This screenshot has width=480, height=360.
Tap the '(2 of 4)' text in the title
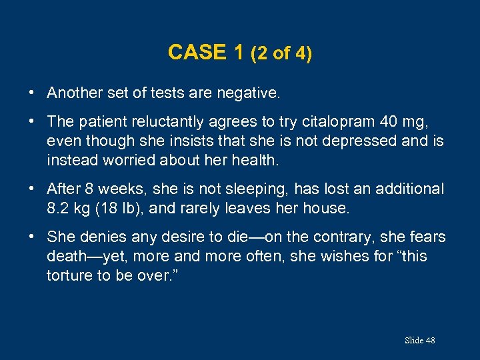point(281,54)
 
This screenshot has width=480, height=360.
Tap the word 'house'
point(323,208)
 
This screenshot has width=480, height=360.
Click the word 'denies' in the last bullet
point(98,237)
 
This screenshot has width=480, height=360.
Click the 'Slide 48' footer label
point(419,341)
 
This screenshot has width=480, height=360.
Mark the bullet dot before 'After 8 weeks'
point(32,189)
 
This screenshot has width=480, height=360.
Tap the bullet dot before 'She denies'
point(32,236)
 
